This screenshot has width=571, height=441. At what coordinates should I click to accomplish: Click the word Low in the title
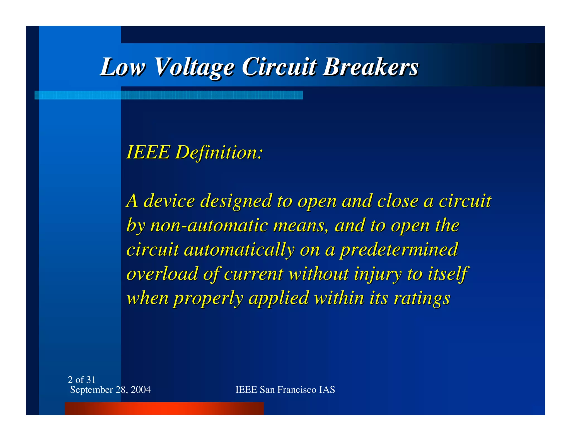coord(123,67)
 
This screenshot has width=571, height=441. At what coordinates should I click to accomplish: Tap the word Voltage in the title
coord(194,67)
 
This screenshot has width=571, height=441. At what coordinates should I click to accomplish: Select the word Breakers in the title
coord(371,67)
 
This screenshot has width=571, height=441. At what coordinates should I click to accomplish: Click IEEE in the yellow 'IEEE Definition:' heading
coord(148,152)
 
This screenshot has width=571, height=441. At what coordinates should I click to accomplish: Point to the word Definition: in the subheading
coord(219,152)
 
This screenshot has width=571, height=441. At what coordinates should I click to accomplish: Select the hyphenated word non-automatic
coord(209,225)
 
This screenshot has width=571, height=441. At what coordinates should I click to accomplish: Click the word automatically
coord(239,249)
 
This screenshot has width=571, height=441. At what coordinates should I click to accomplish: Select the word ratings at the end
coord(422,298)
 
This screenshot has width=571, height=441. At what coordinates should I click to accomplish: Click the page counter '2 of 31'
coord(82,380)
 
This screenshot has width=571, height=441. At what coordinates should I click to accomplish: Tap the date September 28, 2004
coord(110,390)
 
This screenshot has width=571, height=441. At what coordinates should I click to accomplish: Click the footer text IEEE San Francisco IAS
coord(285,390)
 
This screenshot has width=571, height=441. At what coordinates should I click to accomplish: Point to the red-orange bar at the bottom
coord(164,408)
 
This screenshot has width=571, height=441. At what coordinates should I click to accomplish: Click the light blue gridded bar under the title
coord(169,95)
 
